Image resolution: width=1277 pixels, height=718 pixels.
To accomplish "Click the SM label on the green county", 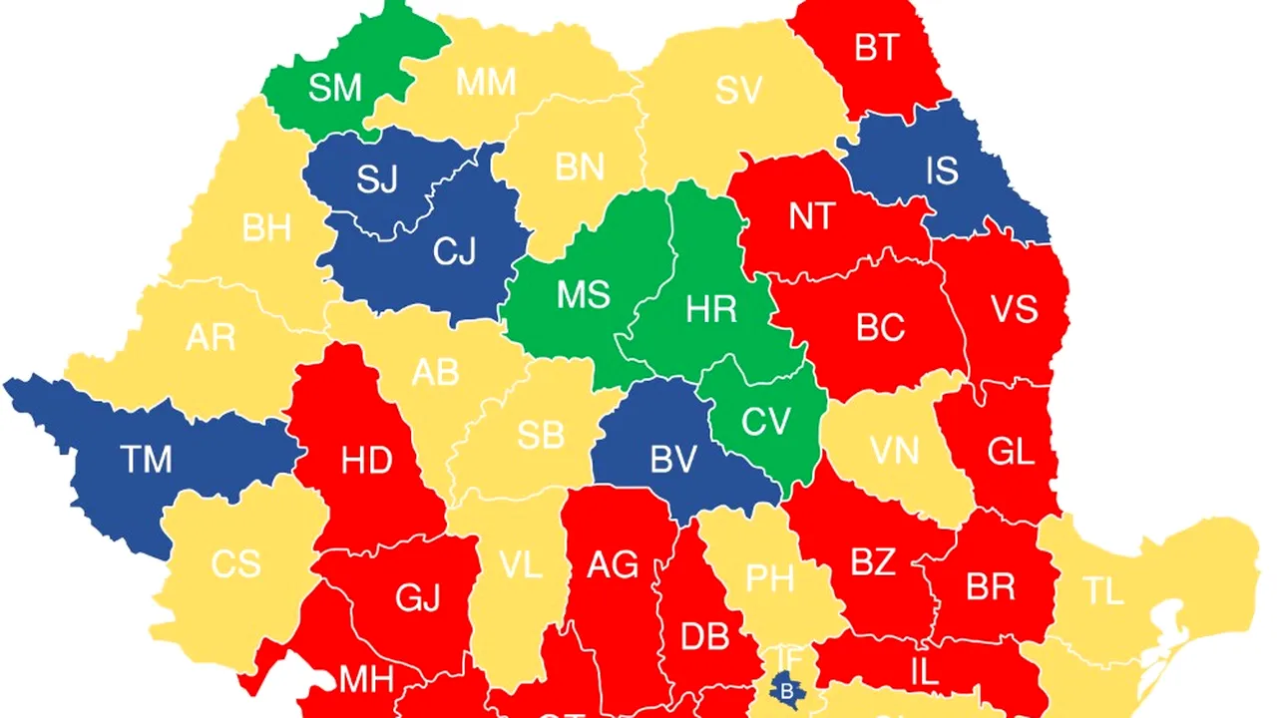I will point(334,88).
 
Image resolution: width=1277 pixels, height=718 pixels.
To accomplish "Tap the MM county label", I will point(486,83).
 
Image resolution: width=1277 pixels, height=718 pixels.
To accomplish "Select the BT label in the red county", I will point(876,48).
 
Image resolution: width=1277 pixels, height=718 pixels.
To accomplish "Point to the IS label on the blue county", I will point(942,172).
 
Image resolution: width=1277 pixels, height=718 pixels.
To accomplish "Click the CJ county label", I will point(454,252).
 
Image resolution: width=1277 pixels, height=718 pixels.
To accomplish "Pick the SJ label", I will point(377,180).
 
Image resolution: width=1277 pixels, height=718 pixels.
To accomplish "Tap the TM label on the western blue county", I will point(146,460).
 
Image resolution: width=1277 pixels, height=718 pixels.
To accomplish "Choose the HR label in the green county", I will point(711,310).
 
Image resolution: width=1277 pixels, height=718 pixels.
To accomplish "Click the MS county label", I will point(583,296).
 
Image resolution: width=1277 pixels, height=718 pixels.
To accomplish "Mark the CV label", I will point(766,422).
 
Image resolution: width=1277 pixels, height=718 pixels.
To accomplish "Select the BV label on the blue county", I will point(672,460).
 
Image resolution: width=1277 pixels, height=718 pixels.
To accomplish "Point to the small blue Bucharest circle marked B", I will point(787,687).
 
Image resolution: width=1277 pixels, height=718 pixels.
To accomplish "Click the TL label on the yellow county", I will point(1103,592).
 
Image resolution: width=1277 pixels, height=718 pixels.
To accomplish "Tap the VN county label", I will point(894,452).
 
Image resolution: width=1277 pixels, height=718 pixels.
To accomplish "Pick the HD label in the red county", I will point(366,461).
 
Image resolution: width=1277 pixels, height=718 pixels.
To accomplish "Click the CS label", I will point(235,564).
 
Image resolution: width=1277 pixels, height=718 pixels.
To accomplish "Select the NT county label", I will point(811,216).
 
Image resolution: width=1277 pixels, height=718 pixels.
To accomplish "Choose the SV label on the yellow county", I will point(738,91).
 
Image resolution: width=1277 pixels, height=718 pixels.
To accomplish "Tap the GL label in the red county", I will point(1010,452).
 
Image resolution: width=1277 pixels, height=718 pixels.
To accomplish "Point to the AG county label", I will point(612,565).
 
